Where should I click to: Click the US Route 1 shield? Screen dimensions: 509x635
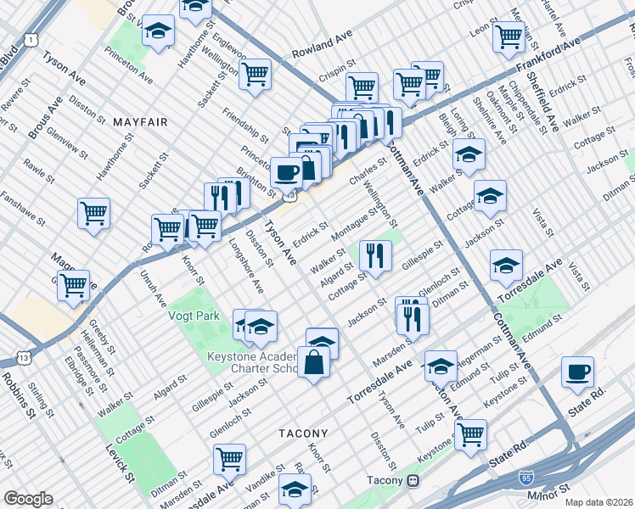(31, 40)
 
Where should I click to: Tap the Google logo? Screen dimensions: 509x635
(28, 499)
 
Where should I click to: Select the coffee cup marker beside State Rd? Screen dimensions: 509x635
(577, 372)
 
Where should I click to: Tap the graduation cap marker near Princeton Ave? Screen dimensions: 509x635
(157, 32)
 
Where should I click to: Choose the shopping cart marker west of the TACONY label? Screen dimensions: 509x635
(229, 459)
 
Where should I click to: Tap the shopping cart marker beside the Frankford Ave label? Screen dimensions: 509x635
(509, 36)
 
